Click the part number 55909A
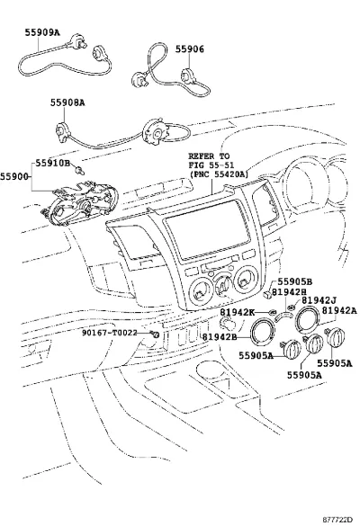42,32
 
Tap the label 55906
189,49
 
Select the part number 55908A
67,103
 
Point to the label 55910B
53,163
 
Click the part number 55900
14,176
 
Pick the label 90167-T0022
110,333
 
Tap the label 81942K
237,312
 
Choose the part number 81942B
220,336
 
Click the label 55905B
295,282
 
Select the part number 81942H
289,292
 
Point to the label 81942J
319,300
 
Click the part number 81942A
339,311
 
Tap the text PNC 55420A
220,174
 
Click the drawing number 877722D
337,520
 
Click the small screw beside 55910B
80,171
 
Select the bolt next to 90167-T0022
155,334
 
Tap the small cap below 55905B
267,294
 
